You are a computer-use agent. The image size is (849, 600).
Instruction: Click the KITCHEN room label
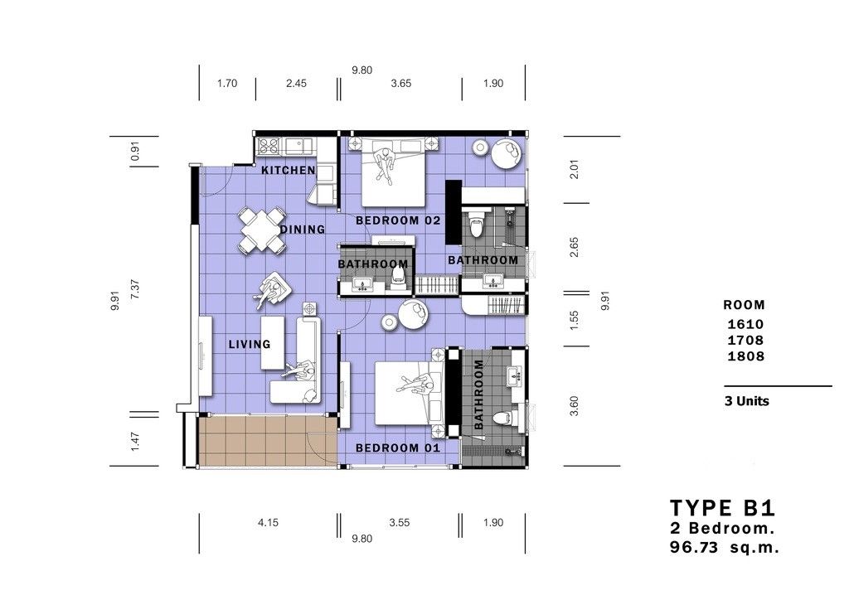click(x=288, y=171)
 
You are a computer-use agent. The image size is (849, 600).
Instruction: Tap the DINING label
click(x=303, y=230)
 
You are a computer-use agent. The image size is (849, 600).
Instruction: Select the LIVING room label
click(x=250, y=344)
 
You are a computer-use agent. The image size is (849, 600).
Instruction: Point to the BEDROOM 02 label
click(x=398, y=220)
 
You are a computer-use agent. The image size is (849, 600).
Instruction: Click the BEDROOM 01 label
click(x=398, y=448)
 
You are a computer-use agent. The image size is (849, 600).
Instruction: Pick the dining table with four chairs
click(x=261, y=230)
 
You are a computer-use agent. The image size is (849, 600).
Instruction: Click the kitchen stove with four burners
click(x=269, y=145)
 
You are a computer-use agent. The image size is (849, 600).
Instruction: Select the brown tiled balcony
click(x=268, y=441)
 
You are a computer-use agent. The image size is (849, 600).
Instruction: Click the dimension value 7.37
click(x=135, y=289)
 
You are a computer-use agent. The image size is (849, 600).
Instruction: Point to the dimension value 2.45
click(x=296, y=84)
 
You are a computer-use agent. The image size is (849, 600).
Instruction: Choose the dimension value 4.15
click(x=268, y=523)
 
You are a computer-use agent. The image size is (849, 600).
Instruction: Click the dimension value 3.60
click(x=575, y=406)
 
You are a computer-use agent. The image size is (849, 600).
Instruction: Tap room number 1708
click(x=745, y=341)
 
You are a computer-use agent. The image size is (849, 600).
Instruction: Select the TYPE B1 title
click(x=723, y=509)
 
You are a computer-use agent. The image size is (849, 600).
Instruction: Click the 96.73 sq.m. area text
click(x=725, y=547)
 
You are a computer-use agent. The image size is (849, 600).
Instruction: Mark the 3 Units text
click(x=747, y=401)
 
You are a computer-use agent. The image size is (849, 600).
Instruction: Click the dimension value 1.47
click(x=135, y=441)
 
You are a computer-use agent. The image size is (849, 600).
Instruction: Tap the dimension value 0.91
click(x=135, y=151)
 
